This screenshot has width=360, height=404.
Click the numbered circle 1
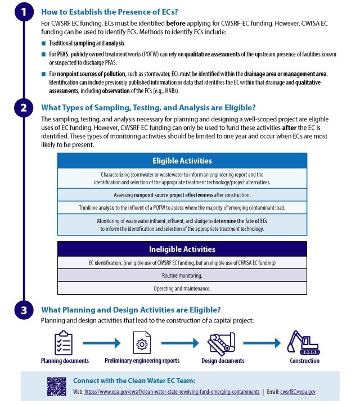coord(23,12)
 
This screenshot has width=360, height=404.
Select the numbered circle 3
coord(23,311)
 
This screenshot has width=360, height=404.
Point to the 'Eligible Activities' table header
coord(182,161)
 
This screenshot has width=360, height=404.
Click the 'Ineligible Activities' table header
coord(182,249)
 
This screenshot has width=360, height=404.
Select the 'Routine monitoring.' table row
coord(182,275)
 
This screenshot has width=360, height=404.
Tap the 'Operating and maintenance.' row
coord(182,288)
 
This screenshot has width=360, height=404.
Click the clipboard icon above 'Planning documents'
coord(64,342)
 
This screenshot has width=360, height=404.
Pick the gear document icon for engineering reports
coord(141,342)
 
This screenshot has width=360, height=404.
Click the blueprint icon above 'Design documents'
coord(222,342)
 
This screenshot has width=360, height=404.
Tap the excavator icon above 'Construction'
coord(304,342)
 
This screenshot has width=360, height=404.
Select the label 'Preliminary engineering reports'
coord(141,361)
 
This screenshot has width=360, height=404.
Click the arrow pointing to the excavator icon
coord(262,342)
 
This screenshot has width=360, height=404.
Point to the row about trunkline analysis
coord(182,207)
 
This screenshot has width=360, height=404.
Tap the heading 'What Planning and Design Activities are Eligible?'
coord(130,310)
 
